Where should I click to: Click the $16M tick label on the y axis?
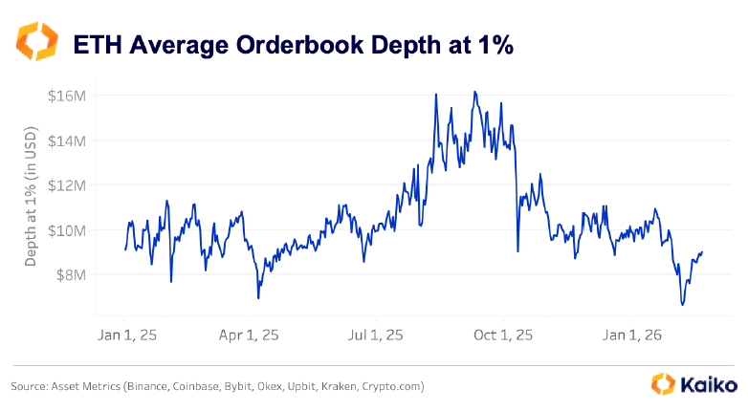click(67, 96)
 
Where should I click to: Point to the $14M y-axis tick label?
click(67, 141)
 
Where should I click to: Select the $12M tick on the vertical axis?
click(67, 184)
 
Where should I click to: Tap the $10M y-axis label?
click(67, 229)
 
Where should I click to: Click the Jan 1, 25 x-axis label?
click(125, 335)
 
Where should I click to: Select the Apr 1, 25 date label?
click(251, 335)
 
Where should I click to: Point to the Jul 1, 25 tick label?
click(375, 335)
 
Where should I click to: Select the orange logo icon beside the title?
click(37, 42)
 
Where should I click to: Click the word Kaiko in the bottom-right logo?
click(710, 385)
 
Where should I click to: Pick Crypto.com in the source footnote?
click(392, 387)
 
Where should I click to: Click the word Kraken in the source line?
click(333, 387)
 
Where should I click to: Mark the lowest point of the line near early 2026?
click(682, 305)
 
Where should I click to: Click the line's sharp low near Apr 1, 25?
click(258, 298)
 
